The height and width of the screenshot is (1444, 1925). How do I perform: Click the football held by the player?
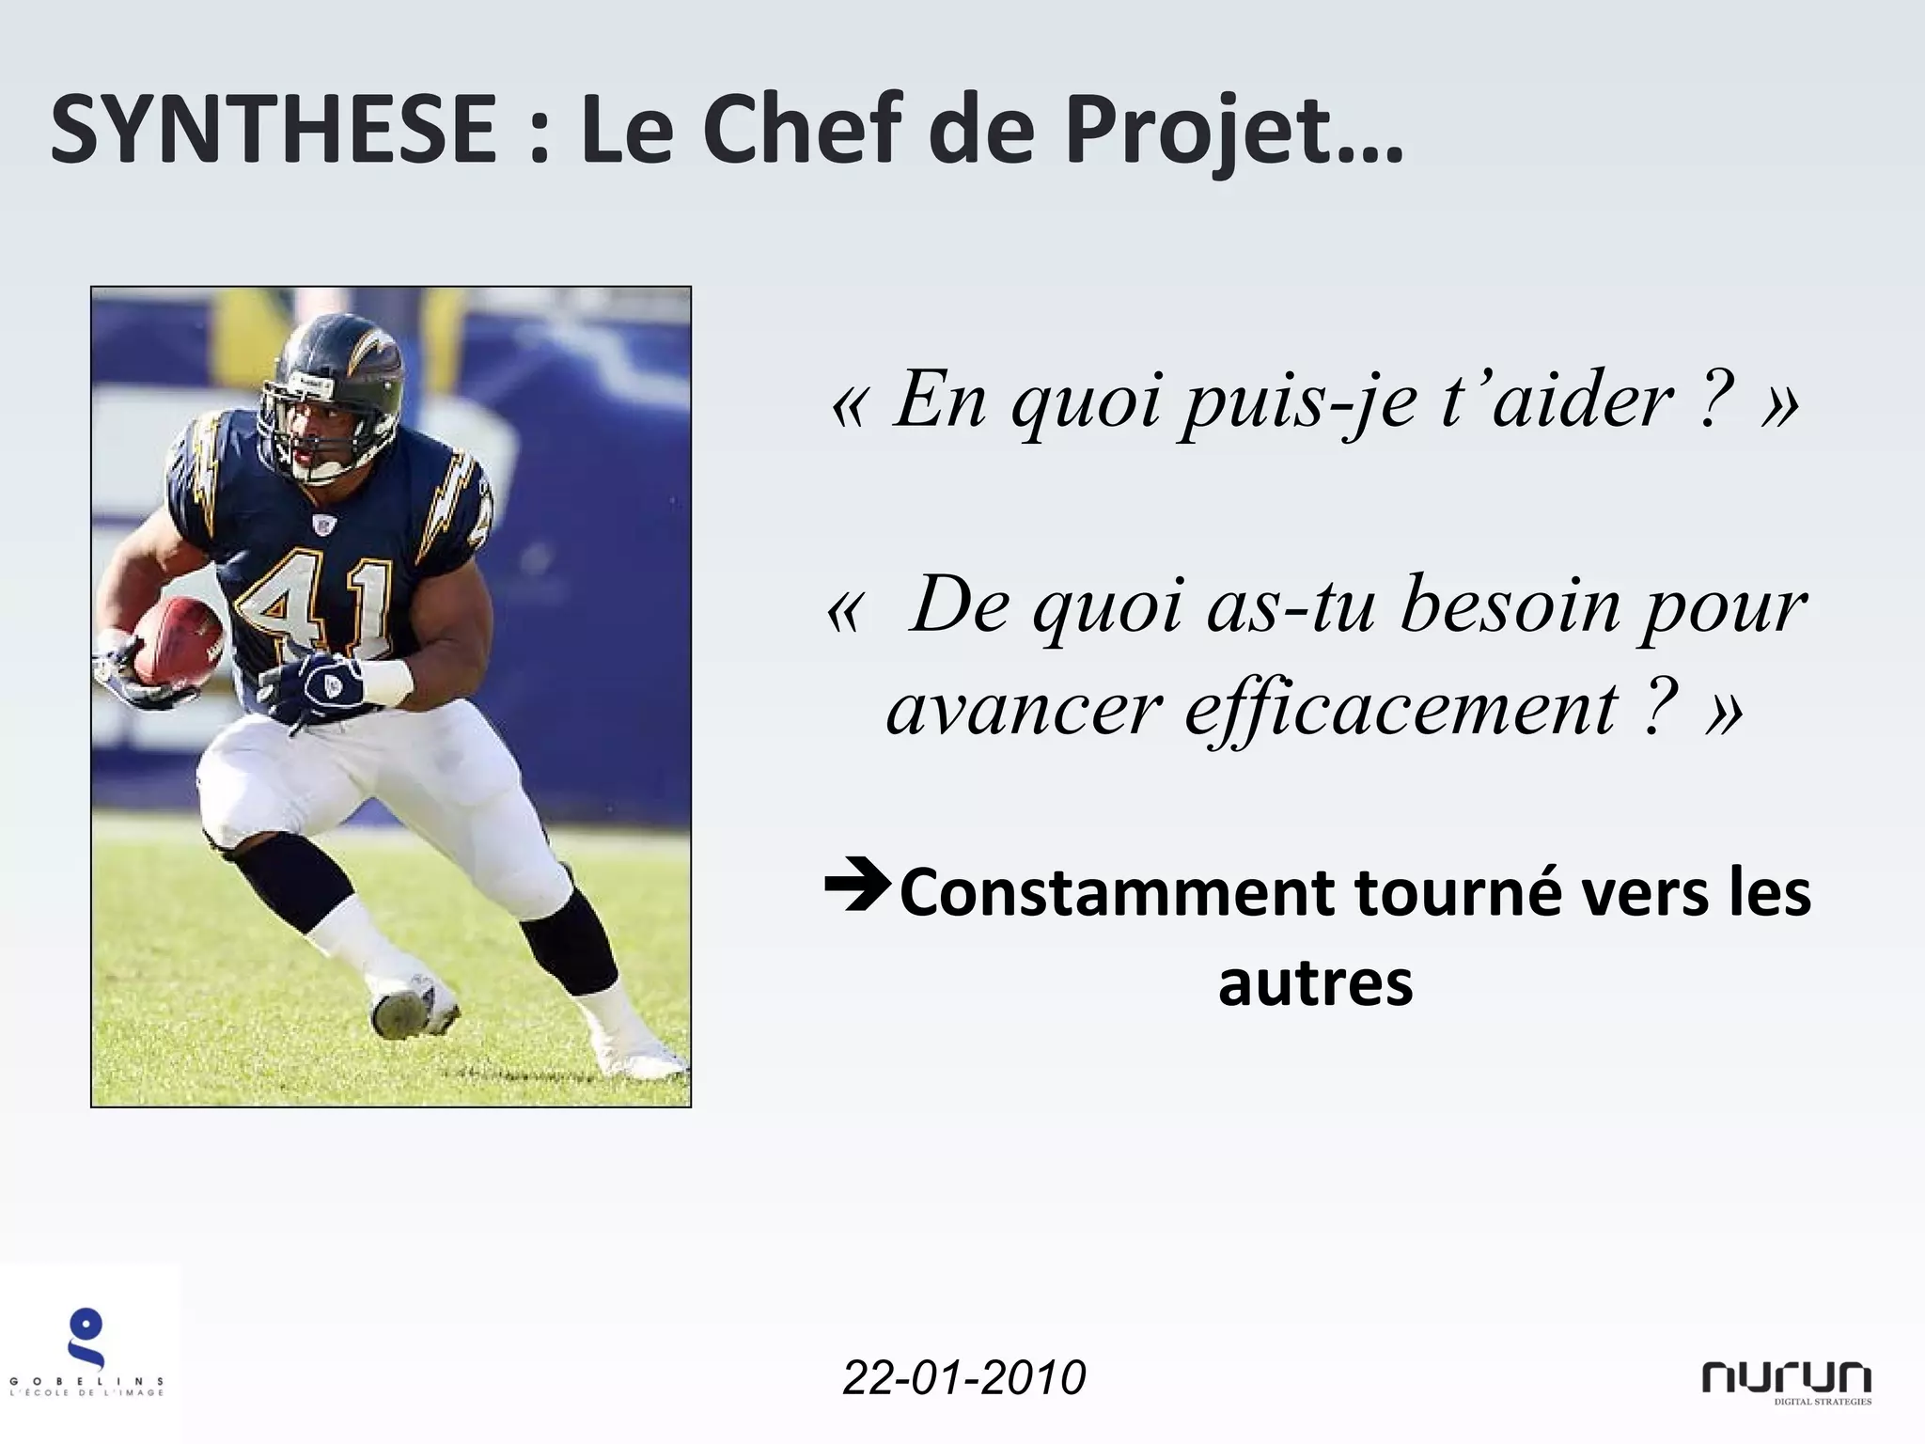(179, 639)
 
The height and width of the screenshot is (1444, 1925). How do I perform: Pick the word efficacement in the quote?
(1401, 709)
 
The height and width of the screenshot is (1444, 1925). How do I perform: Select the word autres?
(1315, 983)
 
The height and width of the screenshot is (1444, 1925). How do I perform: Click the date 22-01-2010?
(964, 1378)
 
